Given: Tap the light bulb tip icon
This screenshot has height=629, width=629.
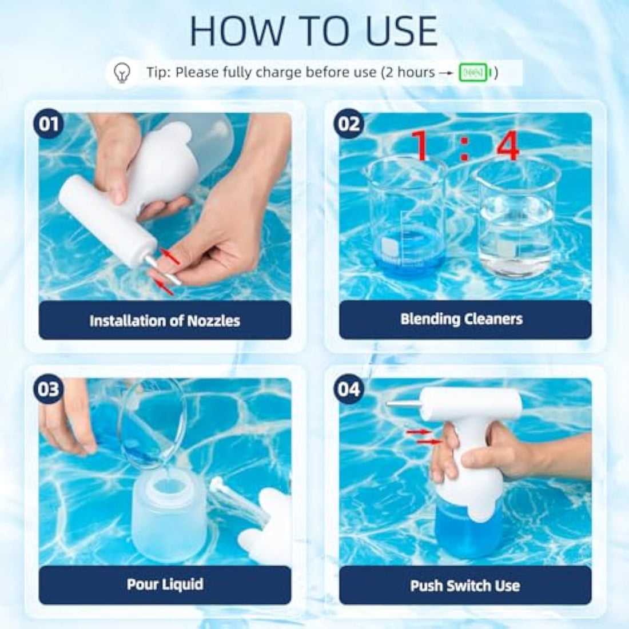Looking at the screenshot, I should [123, 73].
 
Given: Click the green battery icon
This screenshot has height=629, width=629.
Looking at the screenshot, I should [473, 73].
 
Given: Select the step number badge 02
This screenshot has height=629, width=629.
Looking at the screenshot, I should [349, 124].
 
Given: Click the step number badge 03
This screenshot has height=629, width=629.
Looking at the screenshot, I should [50, 389].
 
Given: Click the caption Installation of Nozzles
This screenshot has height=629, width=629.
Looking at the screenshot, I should [165, 321].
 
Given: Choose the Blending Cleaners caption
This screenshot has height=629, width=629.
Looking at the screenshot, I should [461, 319].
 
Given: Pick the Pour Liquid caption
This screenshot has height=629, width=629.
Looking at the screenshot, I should [165, 584].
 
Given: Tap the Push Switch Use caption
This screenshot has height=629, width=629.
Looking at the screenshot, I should [465, 586].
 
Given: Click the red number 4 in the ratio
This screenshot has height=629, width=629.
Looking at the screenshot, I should [507, 146].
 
